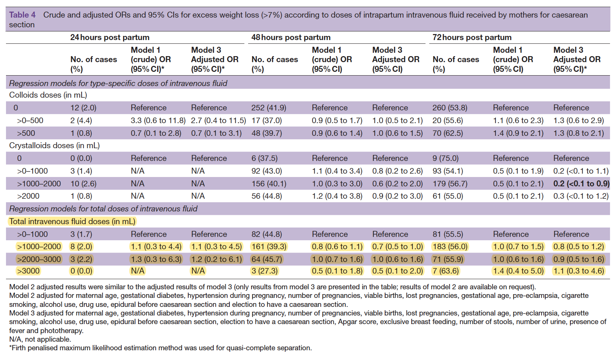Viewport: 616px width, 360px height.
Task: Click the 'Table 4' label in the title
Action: click(x=22, y=15)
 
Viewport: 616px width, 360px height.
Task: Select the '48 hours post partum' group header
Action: click(x=291, y=37)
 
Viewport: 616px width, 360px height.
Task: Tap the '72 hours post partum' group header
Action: click(x=472, y=37)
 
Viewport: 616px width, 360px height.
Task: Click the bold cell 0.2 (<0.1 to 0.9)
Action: click(x=581, y=183)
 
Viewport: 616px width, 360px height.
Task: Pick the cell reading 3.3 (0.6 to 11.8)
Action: click(x=158, y=120)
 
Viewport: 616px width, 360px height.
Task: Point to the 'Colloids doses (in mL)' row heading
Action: click(x=48, y=95)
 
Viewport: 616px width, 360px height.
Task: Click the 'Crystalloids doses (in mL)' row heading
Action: click(x=54, y=146)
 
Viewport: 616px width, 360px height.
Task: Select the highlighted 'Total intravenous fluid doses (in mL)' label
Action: click(x=72, y=222)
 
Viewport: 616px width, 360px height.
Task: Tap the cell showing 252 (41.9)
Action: click(x=269, y=108)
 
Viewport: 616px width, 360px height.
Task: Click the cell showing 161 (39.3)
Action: click(x=269, y=246)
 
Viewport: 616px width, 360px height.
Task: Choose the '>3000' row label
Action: click(x=28, y=271)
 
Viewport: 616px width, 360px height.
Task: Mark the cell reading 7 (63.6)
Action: click(x=445, y=271)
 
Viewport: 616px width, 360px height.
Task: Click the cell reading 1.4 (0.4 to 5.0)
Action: click(x=518, y=271)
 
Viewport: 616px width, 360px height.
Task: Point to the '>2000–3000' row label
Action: click(x=39, y=259)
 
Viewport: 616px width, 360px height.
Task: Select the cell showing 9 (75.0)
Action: click(x=445, y=158)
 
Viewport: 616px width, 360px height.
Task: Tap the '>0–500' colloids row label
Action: click(x=30, y=120)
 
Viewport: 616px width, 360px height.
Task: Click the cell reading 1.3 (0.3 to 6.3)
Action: click(x=156, y=259)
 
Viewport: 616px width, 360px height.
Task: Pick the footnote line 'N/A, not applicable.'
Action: click(x=40, y=339)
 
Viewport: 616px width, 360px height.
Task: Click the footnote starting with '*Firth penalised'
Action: click(x=161, y=348)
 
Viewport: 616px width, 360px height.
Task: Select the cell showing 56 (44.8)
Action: click(x=266, y=196)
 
